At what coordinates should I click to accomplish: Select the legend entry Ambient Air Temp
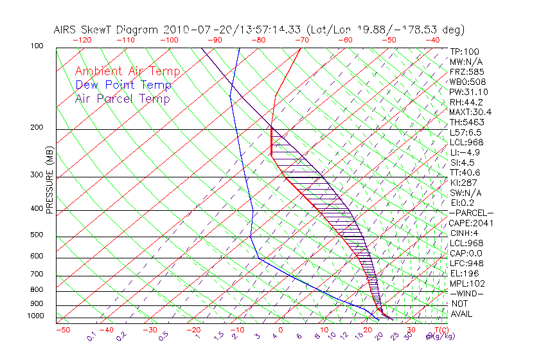[127, 71]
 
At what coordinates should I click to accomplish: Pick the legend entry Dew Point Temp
[123, 85]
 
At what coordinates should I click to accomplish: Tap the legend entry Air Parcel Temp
[123, 98]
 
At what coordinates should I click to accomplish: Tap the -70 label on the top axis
[301, 40]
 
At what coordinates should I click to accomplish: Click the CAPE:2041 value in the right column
[468, 223]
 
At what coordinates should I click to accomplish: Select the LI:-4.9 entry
[466, 152]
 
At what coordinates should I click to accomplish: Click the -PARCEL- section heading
[471, 213]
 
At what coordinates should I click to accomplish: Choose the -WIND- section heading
[467, 293]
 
